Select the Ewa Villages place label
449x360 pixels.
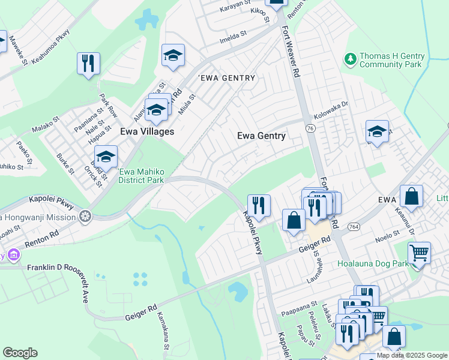[147, 131]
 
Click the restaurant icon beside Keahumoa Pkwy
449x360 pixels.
[88, 62]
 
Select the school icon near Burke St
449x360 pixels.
[106, 157]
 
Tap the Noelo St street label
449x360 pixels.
[388, 235]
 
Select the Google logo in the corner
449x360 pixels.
[20, 353]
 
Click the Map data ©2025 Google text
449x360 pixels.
[412, 355]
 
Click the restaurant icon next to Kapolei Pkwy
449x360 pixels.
[259, 205]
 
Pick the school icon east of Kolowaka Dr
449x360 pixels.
[377, 131]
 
